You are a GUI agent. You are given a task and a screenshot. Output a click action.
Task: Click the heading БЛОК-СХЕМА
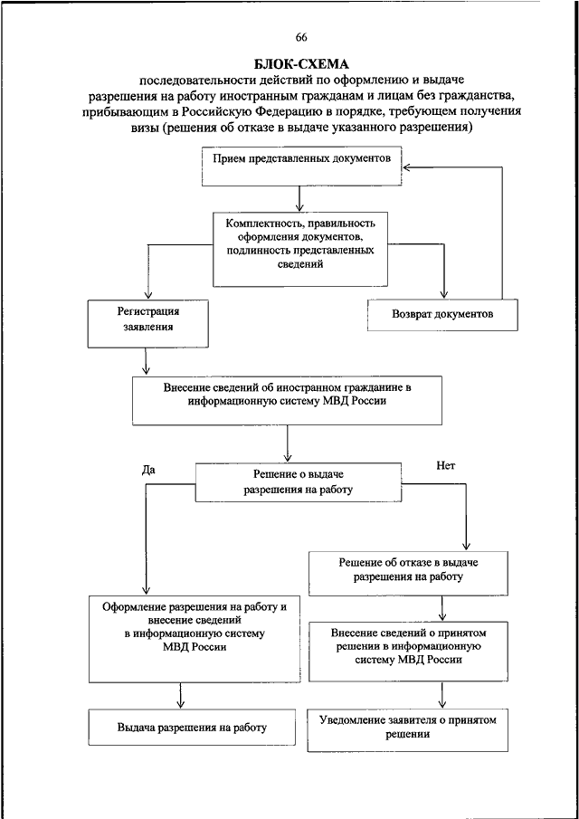tap(301, 65)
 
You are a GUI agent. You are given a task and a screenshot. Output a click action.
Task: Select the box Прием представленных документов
tap(302, 167)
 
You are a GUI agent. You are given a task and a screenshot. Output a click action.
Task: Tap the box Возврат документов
tap(442, 314)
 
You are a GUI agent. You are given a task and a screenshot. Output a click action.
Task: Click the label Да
tap(148, 470)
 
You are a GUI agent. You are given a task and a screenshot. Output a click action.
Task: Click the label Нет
tap(445, 466)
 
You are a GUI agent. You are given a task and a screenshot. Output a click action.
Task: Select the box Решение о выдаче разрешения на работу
tap(299, 482)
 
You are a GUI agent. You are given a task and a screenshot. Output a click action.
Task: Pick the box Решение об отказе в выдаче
tap(408, 574)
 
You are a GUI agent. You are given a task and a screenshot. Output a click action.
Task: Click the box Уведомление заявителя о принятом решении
tap(408, 729)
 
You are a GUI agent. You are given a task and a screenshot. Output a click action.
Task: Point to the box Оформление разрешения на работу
tap(195, 638)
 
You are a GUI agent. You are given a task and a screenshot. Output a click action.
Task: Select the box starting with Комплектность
tap(300, 248)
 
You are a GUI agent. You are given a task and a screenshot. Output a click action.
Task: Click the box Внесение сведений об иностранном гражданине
tap(288, 401)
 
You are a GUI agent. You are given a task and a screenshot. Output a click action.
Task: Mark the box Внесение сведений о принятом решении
tap(408, 652)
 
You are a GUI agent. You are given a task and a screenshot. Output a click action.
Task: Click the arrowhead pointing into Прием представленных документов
tap(407, 167)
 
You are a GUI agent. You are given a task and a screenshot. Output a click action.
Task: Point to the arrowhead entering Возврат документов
tap(444, 295)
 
